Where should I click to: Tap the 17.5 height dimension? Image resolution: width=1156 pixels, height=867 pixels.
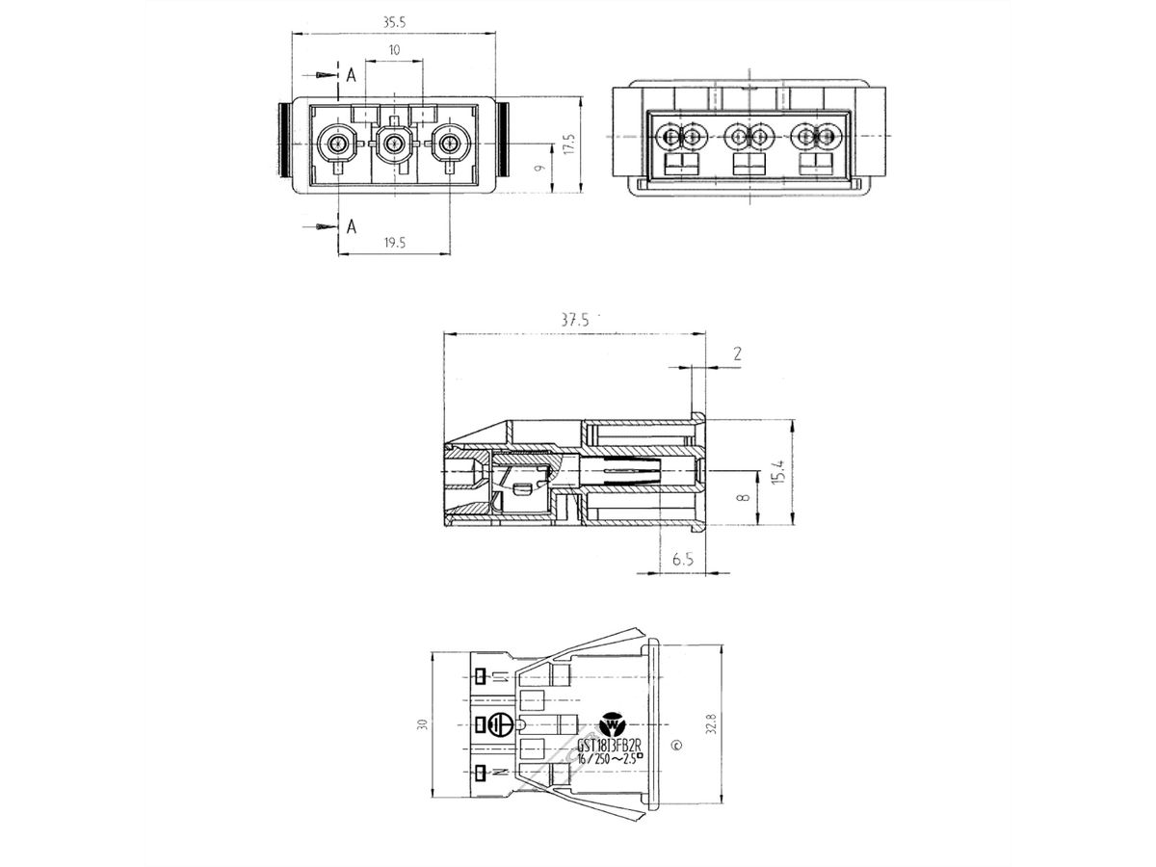(569, 144)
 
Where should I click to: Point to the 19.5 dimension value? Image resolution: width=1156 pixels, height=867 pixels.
(393, 243)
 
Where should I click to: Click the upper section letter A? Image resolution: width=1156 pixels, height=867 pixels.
(352, 74)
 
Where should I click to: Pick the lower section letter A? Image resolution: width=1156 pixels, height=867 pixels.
(352, 226)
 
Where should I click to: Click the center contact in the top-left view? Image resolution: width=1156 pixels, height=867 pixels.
(392, 144)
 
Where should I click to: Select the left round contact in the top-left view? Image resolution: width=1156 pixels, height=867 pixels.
(336, 144)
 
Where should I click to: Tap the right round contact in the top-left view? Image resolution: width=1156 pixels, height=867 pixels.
(448, 144)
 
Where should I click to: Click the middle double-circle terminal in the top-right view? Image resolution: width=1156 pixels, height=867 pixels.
(749, 137)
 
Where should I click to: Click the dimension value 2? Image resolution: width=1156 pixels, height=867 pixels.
(736, 354)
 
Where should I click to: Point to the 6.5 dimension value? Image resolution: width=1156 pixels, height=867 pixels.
(683, 559)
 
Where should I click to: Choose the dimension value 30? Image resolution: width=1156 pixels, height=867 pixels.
(422, 724)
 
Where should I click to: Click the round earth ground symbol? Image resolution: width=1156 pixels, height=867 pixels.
(498, 725)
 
